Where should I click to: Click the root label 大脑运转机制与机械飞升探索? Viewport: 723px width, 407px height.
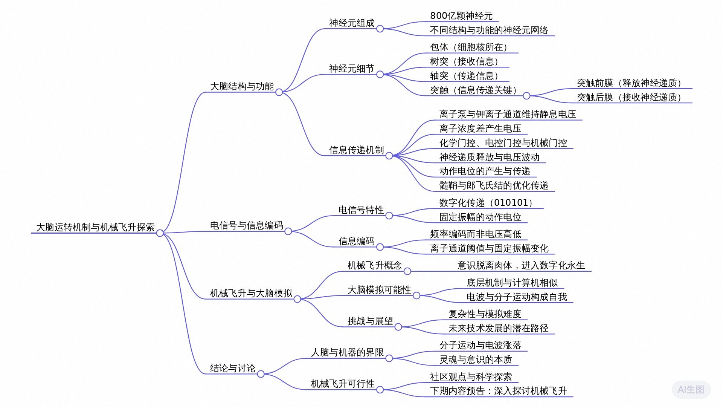coord(95,227)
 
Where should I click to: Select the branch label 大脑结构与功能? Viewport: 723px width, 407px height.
coord(242,86)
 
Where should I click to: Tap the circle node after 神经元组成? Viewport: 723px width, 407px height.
coord(380,29)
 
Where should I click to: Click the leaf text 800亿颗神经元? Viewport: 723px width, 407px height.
coord(461,16)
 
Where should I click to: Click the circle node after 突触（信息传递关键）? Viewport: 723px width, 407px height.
coord(526,96)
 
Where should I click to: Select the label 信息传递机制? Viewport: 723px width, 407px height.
coord(356,150)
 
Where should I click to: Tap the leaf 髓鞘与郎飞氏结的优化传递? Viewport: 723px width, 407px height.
coord(493,185)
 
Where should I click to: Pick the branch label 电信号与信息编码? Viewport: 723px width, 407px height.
coord(246,225)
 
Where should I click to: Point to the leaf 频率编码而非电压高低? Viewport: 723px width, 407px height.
coord(476,234)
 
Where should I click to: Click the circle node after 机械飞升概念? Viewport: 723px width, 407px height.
coord(407,271)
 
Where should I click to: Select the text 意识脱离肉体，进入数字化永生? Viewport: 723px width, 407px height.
coord(521,265)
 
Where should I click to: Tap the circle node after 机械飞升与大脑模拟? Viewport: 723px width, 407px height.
coord(297,299)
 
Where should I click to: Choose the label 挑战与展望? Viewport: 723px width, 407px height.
coord(370,321)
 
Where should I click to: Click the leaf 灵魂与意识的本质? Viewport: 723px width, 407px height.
coord(476,360)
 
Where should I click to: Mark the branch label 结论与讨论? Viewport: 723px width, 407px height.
coord(233,368)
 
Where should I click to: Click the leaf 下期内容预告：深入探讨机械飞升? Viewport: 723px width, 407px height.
coord(498,391)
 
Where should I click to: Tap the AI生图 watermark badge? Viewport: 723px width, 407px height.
coord(691,390)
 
